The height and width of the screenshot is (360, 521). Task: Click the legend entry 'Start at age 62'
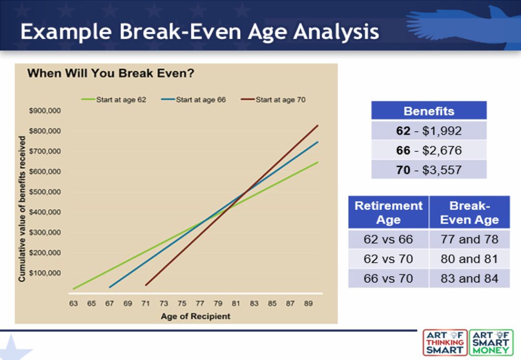114,100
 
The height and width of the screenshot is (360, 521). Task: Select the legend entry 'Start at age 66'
193,100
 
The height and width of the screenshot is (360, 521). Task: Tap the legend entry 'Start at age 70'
273,100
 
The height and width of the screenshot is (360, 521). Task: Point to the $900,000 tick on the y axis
45,110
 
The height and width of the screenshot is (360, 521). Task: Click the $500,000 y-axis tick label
45,192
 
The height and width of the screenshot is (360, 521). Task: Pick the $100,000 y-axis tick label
45,273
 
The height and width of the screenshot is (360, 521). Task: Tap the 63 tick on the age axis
73,303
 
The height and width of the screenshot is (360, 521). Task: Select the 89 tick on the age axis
308,303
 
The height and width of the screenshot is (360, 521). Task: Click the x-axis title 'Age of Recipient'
195,316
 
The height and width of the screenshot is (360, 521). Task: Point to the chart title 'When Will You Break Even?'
110,73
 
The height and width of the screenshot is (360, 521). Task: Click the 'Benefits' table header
429,110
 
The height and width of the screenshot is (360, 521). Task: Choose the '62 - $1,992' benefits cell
429,131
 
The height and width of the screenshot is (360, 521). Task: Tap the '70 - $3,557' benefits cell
429,170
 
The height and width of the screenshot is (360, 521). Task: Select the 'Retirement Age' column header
388,212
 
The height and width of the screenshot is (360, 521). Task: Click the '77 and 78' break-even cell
470,239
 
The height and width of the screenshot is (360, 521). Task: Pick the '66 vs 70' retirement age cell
388,278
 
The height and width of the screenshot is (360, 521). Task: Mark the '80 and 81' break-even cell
470,259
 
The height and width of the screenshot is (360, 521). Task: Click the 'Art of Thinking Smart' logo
445,342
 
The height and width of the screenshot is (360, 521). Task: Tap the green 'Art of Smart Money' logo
491,342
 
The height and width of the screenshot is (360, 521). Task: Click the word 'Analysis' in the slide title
336,32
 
